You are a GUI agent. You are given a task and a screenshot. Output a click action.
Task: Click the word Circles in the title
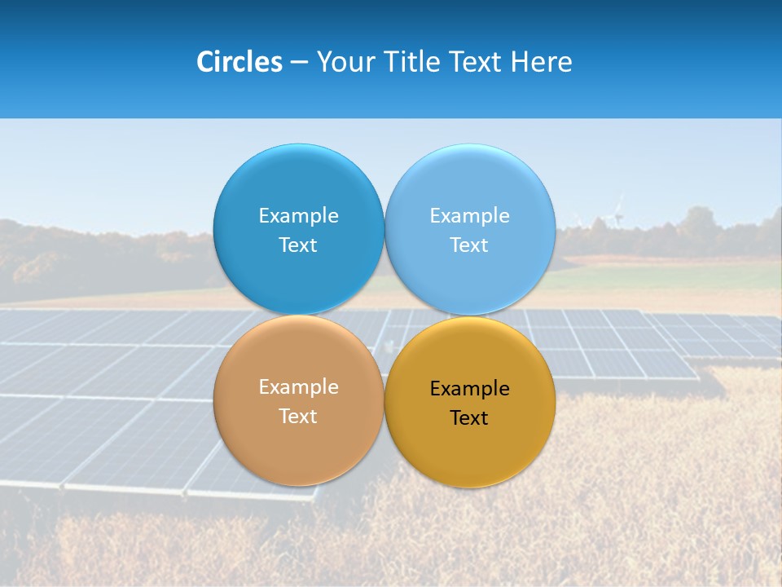point(239,62)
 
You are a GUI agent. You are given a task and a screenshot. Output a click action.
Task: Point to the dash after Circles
point(298,63)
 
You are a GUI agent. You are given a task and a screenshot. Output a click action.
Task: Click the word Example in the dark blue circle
point(298,216)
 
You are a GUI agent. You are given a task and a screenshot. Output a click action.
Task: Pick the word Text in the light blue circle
point(469,245)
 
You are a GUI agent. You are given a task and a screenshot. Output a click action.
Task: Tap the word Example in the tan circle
point(298,387)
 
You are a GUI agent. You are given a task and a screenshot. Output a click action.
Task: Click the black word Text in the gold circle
point(469,418)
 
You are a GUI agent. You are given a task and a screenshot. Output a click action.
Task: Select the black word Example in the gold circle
point(469,389)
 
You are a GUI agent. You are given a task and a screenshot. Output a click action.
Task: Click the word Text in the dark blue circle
point(298,245)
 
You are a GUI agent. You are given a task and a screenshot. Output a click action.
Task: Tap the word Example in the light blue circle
point(469,216)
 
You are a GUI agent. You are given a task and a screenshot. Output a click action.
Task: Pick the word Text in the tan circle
point(298,417)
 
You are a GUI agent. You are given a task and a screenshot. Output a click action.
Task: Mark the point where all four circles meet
point(384,315)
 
